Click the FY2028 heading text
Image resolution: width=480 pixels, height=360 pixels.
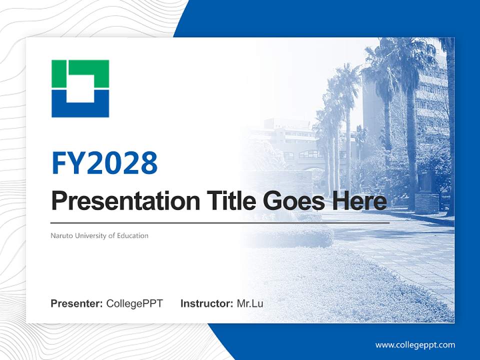tap(104, 163)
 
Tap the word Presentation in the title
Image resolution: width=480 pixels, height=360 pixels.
tap(125, 201)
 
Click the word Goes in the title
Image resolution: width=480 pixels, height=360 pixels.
tap(294, 201)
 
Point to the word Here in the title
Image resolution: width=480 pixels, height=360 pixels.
tap(359, 200)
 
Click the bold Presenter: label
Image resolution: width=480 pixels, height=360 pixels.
tap(76, 303)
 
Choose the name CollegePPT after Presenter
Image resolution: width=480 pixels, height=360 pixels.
tap(134, 303)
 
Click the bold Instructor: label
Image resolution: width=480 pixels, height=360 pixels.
tap(206, 303)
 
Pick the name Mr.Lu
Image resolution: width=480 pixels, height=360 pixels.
tap(250, 303)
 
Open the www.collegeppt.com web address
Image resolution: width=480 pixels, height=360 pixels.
tap(415, 345)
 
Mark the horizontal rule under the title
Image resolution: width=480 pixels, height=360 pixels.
tap(220, 223)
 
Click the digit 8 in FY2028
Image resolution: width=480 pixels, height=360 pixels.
tap(149, 163)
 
